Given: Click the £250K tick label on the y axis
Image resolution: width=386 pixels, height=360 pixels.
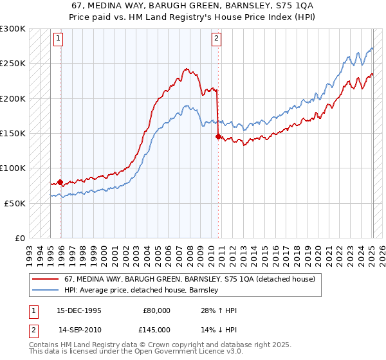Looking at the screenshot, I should [x=13, y=64].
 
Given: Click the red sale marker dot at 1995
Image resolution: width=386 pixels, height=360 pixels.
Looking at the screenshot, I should [x=60, y=182].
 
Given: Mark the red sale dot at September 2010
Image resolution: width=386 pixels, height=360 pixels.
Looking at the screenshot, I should [x=218, y=136].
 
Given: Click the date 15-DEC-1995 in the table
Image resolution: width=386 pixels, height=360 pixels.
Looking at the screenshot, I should [x=79, y=310].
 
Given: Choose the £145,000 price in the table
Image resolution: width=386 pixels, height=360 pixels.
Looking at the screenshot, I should [x=157, y=330].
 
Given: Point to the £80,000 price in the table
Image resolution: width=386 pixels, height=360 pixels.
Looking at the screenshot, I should [x=157, y=310].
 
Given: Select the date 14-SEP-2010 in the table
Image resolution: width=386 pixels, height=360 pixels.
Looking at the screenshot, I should [x=79, y=330].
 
